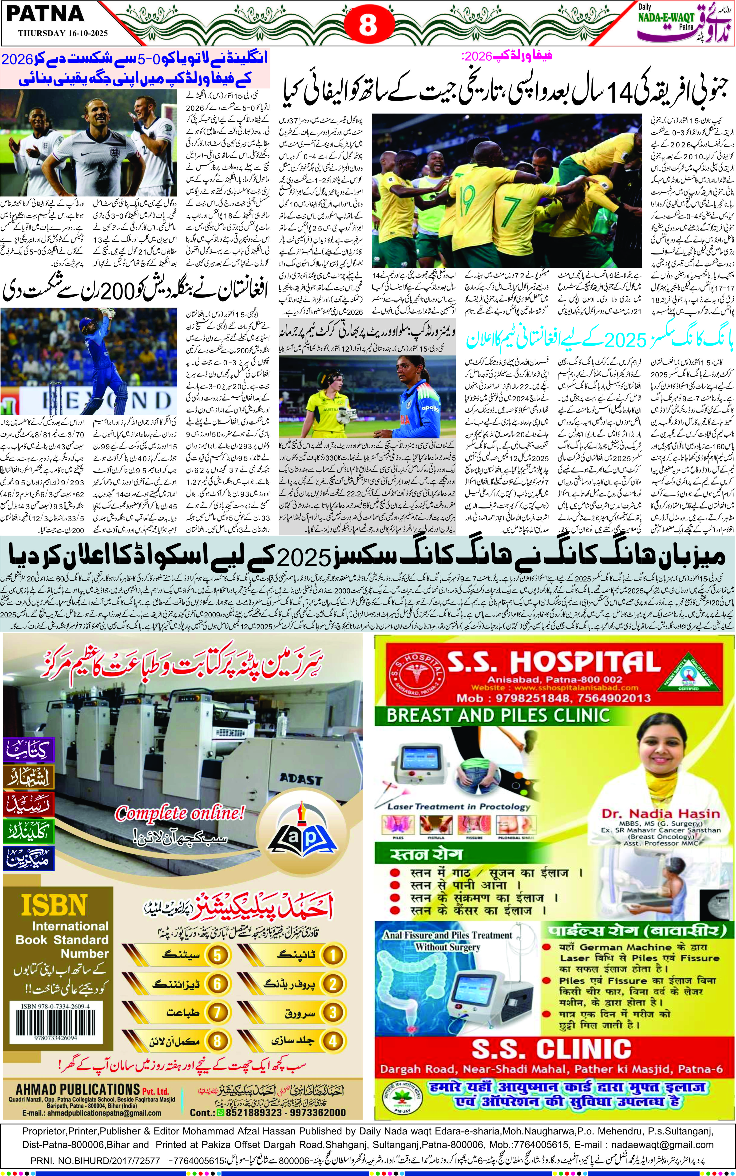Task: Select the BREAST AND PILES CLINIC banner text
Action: tap(498, 715)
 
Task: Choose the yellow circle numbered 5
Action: tap(217, 955)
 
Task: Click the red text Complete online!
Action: tap(180, 813)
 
